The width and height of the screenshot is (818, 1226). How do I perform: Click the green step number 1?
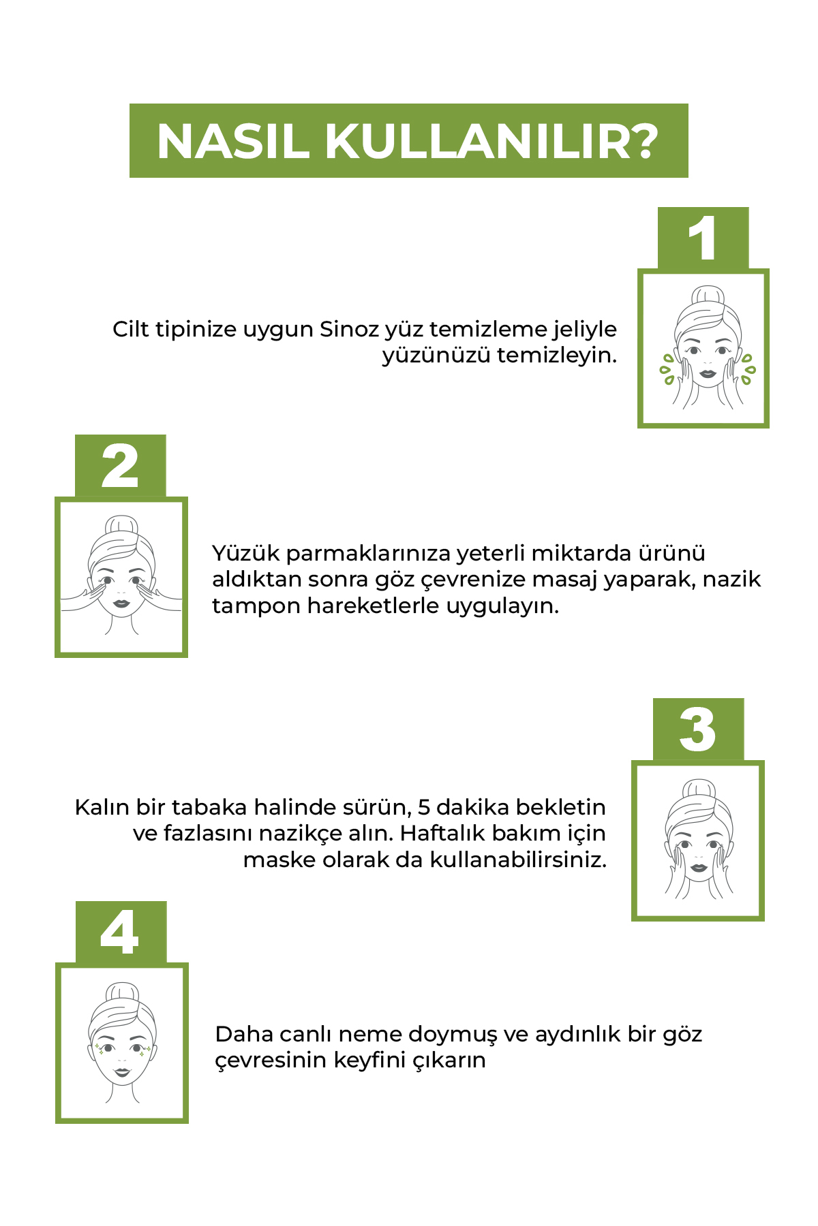[703, 238]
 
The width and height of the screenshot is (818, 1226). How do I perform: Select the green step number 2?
[120, 466]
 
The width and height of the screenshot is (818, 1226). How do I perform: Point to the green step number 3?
[698, 729]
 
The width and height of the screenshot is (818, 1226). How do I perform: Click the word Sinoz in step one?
[349, 329]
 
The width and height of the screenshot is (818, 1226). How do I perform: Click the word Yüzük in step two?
[246, 553]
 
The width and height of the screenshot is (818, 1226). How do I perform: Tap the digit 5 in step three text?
[423, 807]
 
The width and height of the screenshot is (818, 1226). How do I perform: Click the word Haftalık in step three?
[442, 833]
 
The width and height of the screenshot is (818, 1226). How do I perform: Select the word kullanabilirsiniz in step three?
[517, 860]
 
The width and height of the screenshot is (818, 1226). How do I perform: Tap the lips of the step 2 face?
[121, 603]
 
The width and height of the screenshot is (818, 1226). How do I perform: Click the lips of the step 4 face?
[122, 1071]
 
